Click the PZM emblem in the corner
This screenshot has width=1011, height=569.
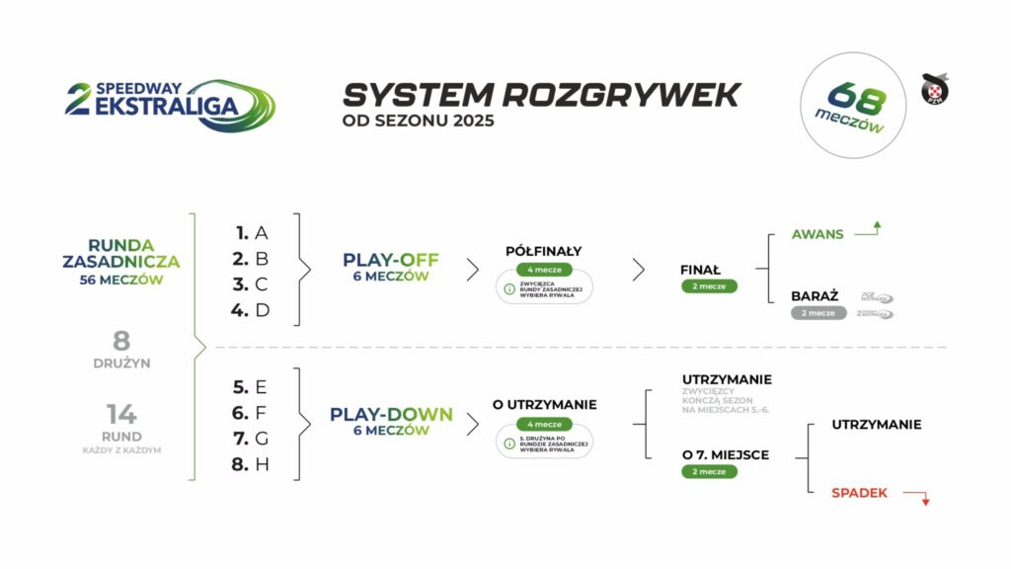934,90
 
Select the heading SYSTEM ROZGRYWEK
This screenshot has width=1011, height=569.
540,95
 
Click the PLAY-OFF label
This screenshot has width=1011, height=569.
391,261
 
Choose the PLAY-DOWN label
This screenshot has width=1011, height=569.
391,415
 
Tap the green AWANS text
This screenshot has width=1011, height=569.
817,235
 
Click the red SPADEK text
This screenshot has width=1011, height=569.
859,492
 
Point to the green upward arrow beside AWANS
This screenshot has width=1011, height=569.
870,230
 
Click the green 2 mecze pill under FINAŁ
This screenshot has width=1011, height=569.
708,286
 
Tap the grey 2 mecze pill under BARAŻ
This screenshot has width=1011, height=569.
818,312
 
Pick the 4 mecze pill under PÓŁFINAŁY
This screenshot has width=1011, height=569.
543,270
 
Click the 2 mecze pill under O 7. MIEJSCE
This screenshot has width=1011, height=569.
708,472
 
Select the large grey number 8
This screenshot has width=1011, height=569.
121,342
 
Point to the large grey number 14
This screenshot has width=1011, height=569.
121,415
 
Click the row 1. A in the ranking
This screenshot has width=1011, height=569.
253,233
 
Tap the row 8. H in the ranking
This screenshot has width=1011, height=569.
252,463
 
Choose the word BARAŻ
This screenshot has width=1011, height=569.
815,295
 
